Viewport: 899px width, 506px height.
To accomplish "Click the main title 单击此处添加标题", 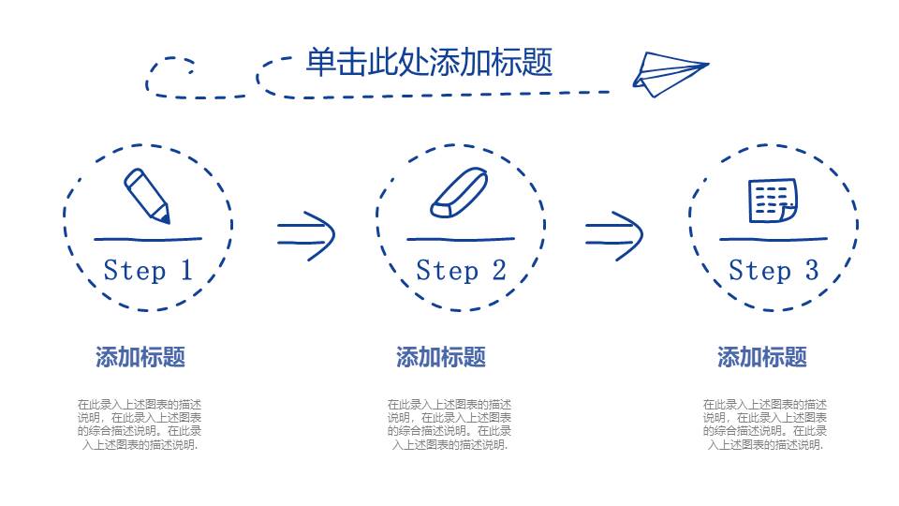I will tap(429, 62).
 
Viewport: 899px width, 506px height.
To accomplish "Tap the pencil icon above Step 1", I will tap(147, 195).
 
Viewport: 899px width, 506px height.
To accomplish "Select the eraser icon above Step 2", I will tap(459, 193).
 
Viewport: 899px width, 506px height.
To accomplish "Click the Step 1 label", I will tap(147, 271).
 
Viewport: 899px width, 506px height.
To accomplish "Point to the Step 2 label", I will tap(461, 271).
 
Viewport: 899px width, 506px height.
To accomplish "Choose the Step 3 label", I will tap(774, 271).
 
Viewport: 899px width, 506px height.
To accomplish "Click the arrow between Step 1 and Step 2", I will tap(305, 233).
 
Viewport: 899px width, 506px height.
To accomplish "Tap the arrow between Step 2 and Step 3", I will tap(614, 233).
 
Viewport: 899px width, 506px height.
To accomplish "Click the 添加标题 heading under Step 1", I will tap(140, 357).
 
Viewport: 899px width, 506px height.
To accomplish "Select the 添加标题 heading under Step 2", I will tap(441, 357).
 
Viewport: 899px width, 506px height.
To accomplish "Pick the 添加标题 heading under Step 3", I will tap(762, 357).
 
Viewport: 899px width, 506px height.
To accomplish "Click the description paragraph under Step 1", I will tap(140, 424).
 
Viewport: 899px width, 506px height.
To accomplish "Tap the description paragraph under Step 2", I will tap(449, 424).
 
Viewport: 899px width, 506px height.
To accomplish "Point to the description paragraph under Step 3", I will tap(765, 424).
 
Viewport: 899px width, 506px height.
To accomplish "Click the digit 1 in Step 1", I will tap(185, 271).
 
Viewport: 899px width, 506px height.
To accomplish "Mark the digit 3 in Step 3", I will tap(811, 271).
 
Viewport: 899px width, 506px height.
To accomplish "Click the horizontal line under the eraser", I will tap(460, 240).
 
